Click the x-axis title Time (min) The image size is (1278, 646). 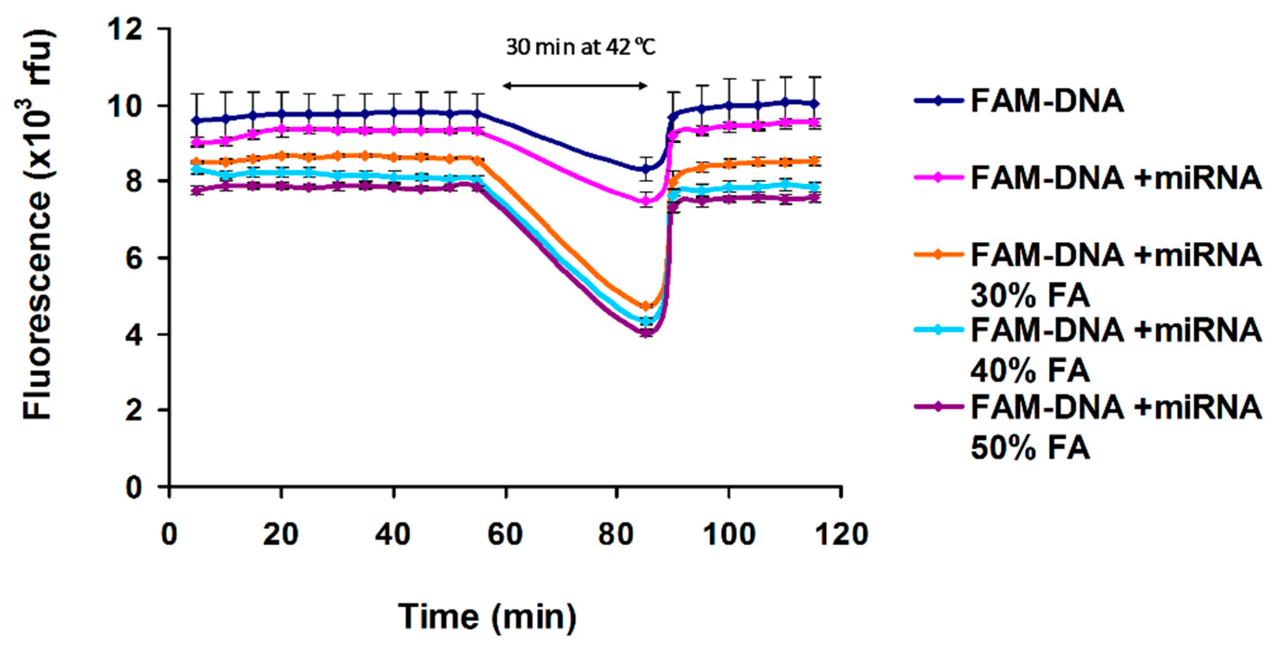(x=488, y=617)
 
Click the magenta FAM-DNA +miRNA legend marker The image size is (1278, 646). (x=938, y=177)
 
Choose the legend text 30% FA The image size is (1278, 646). (x=1030, y=296)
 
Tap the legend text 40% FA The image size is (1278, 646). (x=1030, y=370)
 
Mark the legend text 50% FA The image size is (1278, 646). (x=1030, y=448)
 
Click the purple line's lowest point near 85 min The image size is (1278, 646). (x=646, y=333)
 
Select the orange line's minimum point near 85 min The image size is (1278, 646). (x=646, y=306)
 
